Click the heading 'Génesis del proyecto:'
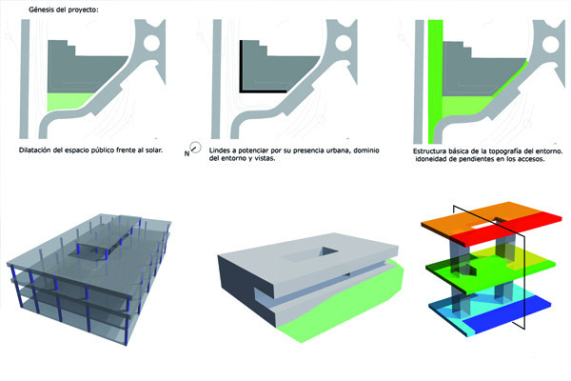pos(63,10)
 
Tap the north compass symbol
pos(195,148)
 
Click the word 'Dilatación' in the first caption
pos(34,150)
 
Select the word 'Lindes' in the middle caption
pos(220,150)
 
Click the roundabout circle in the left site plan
pos(152,43)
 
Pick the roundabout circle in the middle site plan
pos(344,43)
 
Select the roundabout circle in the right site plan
pos(550,44)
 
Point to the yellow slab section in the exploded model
pos(532,260)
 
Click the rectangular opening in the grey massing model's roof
pos(329,251)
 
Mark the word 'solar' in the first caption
pos(153,150)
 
